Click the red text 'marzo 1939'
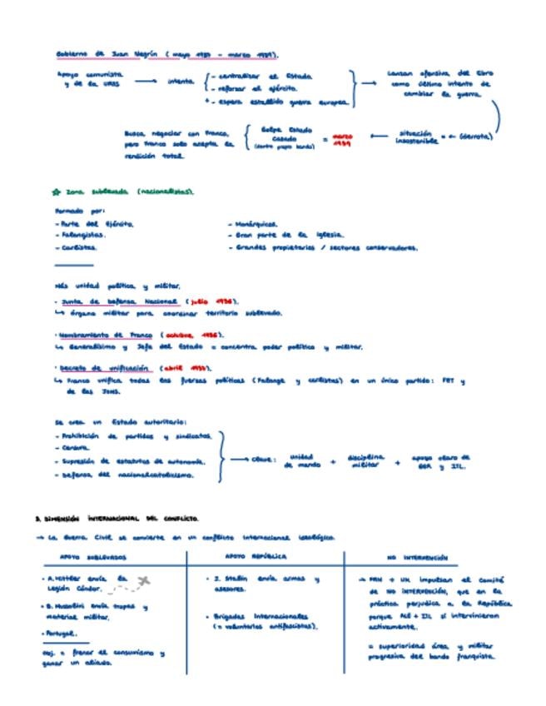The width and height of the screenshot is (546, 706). click(342, 139)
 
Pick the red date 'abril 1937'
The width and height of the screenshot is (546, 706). click(181, 367)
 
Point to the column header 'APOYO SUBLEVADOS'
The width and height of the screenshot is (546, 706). click(93, 557)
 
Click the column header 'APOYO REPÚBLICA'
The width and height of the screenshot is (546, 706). click(256, 556)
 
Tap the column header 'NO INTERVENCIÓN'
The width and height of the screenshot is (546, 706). click(417, 557)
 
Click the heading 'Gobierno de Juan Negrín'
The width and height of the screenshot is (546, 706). click(109, 55)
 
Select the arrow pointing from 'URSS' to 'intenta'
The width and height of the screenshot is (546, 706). click(145, 81)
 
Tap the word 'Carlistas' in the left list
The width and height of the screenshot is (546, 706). click(77, 247)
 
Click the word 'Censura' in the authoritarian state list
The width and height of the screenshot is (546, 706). click(76, 447)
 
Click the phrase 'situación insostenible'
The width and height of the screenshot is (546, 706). click(415, 137)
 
